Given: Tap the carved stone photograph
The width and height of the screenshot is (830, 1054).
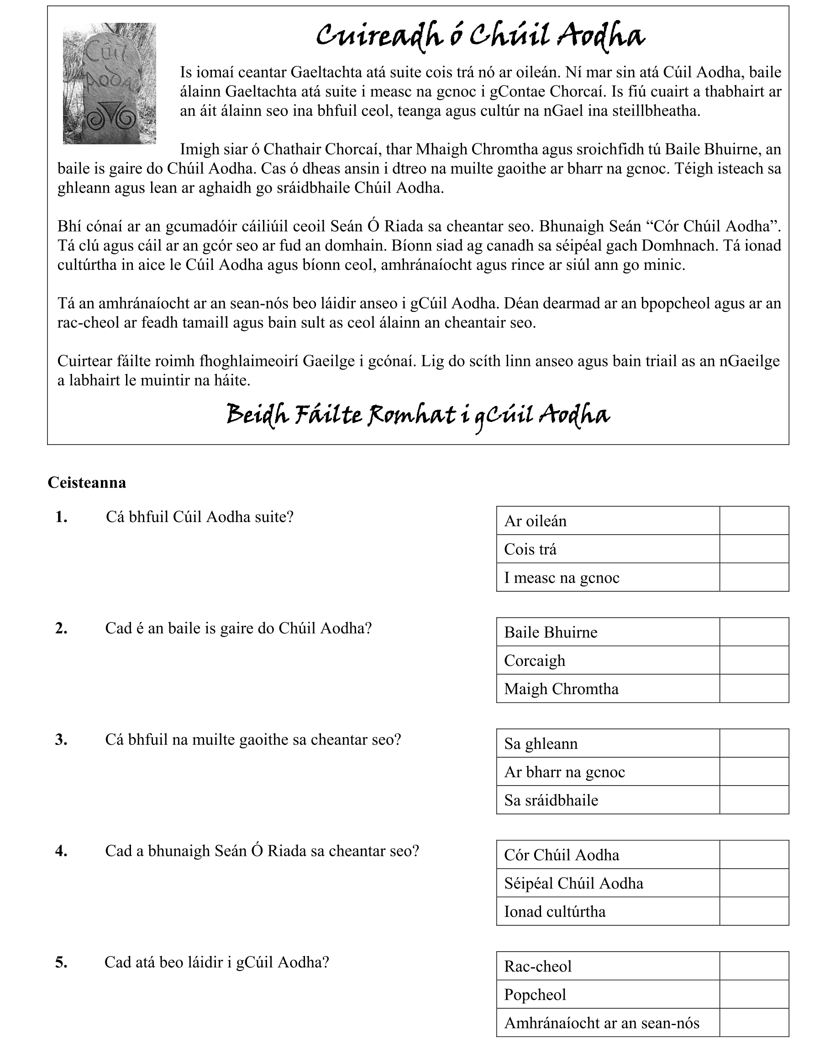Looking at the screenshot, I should tap(109, 84).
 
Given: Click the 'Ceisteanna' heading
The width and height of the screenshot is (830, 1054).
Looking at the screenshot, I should tap(87, 482).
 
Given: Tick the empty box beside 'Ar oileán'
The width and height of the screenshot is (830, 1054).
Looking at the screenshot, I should tap(754, 521).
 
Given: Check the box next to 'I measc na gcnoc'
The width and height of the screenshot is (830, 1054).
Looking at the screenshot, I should tap(754, 578).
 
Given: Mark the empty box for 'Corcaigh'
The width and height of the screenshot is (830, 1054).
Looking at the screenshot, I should tap(754, 660).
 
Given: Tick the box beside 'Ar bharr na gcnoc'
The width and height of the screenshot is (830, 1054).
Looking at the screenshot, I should tap(754, 772).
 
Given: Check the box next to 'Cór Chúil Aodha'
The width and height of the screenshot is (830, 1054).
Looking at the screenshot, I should tap(754, 855).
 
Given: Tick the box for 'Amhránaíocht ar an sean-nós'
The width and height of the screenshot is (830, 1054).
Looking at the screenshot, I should tap(754, 1023).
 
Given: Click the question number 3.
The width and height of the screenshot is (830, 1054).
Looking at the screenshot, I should tap(61, 740).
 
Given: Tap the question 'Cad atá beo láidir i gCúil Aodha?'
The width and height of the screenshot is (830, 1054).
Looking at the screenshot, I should tap(217, 962).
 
